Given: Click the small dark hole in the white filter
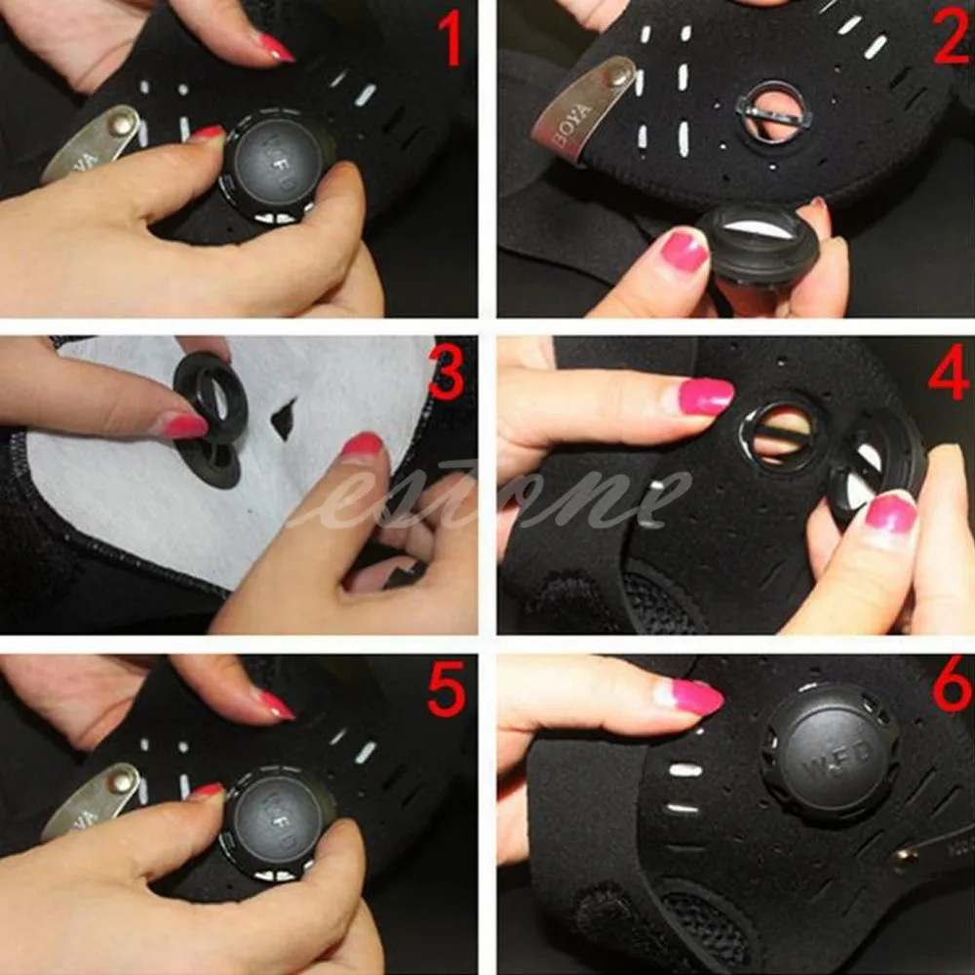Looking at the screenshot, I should tap(284, 419).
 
